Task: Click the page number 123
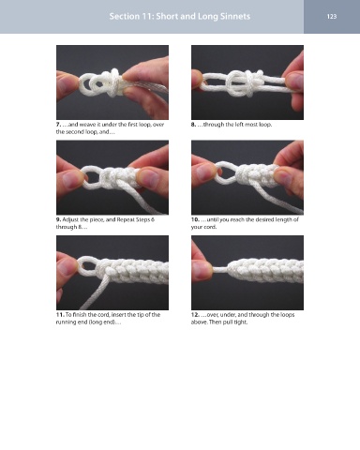pos(332,16)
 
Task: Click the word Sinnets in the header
pos(235,16)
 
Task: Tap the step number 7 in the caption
pos(58,125)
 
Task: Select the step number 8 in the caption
pos(193,125)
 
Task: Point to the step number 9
pos(58,219)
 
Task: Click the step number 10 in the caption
pos(195,219)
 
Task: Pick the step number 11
pos(60,315)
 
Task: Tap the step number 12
pos(195,315)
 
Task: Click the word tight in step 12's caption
pos(241,322)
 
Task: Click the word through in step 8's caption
pos(214,125)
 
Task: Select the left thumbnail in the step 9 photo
pos(72,179)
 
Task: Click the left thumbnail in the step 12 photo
pos(202,270)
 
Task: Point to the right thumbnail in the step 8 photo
pos(294,82)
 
